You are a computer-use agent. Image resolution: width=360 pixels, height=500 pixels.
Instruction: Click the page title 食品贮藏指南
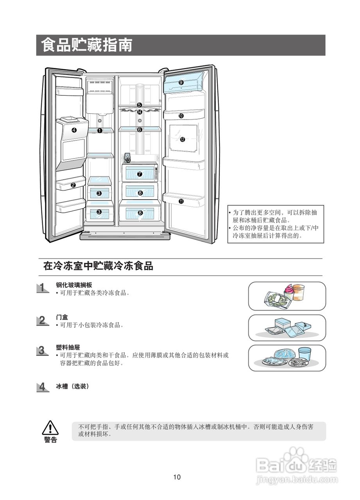click(87, 45)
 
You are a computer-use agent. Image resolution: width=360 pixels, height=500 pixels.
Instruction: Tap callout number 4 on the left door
click(74, 130)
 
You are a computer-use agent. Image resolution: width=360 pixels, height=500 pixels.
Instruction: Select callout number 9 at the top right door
click(181, 82)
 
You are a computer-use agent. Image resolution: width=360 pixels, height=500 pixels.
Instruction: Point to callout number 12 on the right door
click(182, 139)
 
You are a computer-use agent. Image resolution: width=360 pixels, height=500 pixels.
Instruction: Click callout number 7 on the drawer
click(140, 175)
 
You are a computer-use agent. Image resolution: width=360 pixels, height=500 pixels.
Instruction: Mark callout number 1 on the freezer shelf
click(100, 130)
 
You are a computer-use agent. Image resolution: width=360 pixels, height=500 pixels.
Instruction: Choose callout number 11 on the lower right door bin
click(181, 202)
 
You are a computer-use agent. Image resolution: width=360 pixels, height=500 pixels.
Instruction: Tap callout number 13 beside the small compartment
click(128, 160)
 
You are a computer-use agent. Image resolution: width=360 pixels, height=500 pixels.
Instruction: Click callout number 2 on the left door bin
click(73, 186)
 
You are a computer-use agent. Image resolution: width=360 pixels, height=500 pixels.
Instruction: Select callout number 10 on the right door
click(181, 116)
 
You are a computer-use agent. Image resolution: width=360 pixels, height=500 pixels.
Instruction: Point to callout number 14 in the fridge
click(140, 112)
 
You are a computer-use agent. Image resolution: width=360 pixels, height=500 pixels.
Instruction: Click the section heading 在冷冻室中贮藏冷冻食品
click(98, 266)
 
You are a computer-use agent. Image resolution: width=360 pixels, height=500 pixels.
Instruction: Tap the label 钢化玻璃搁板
click(74, 285)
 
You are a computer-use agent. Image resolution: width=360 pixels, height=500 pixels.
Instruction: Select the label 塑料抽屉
click(68, 347)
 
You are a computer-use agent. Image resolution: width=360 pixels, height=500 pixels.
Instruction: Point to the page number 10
click(177, 477)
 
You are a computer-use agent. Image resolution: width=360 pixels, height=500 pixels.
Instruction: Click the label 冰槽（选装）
click(73, 386)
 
